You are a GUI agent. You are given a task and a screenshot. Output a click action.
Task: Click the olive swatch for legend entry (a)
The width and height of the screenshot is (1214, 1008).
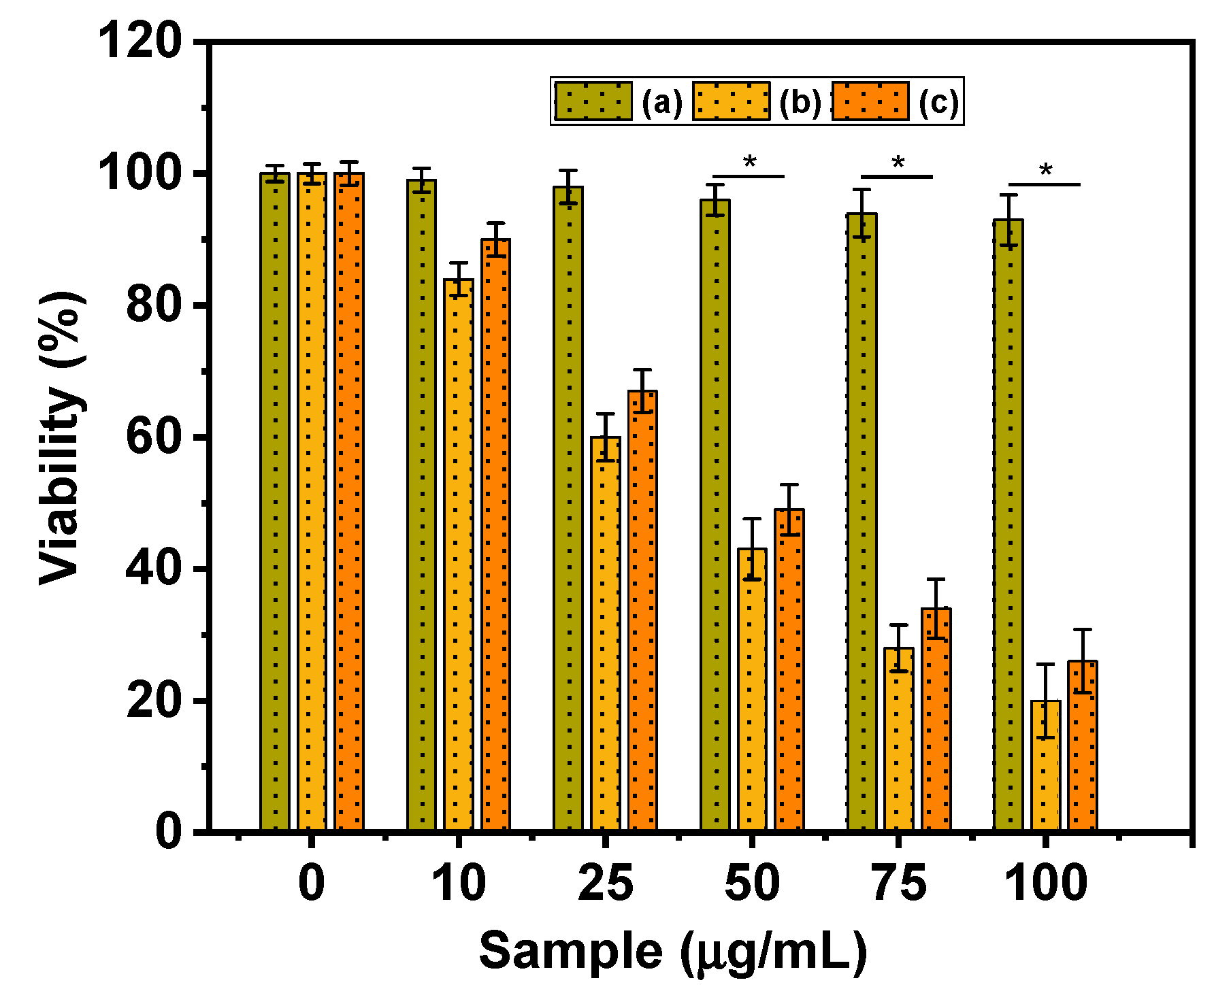(593, 101)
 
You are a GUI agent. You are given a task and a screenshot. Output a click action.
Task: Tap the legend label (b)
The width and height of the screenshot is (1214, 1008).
(800, 103)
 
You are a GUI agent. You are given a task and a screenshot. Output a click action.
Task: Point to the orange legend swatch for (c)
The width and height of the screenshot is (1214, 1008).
(870, 101)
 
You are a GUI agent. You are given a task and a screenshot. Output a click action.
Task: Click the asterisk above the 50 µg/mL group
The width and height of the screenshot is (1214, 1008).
(749, 163)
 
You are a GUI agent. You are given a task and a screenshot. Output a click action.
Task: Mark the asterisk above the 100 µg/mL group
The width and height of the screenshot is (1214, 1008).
(1045, 171)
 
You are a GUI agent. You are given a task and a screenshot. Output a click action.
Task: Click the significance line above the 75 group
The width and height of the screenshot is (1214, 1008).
(896, 177)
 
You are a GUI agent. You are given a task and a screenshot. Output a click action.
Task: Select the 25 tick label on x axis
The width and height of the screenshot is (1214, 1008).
(605, 883)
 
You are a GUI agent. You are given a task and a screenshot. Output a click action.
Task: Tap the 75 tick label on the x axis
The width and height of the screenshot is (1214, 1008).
(898, 883)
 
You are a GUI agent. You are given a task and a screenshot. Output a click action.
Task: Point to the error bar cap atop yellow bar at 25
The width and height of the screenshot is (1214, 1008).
(605, 414)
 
